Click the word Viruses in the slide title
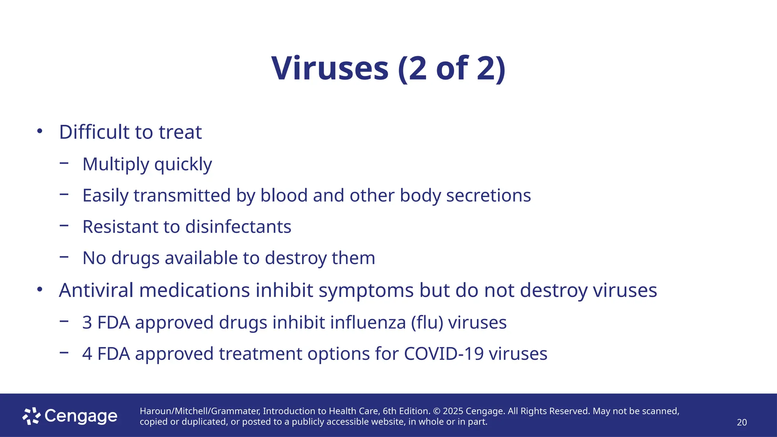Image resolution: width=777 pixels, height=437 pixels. [x=330, y=68]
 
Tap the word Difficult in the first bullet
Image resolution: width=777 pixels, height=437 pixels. [x=94, y=132]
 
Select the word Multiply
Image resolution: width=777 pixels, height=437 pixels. [x=116, y=165]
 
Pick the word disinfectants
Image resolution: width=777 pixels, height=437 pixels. [x=238, y=227]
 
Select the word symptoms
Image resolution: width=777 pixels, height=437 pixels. [x=366, y=291]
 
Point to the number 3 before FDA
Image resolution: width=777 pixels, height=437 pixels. [x=87, y=322]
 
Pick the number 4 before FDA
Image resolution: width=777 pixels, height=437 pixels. [x=87, y=354]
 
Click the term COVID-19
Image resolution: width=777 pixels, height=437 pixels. [x=444, y=354]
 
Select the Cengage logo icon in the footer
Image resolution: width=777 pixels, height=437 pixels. [x=31, y=416]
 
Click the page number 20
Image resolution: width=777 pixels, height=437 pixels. [x=742, y=422]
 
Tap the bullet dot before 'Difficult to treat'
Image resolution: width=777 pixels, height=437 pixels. [x=40, y=131]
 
